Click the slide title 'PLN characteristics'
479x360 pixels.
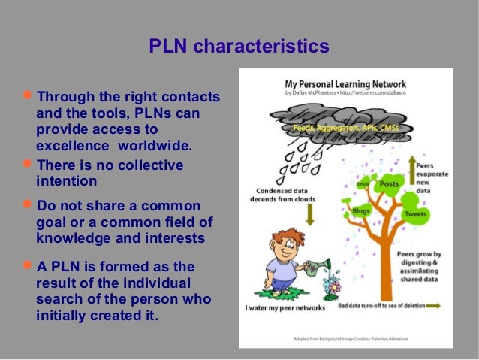coord(239,47)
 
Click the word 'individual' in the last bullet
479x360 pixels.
coord(159,283)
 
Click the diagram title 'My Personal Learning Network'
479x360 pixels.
coord(346,84)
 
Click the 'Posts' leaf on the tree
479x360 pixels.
coord(389,184)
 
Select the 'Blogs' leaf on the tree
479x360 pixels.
coord(361,211)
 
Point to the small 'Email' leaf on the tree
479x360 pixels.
coord(363,183)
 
